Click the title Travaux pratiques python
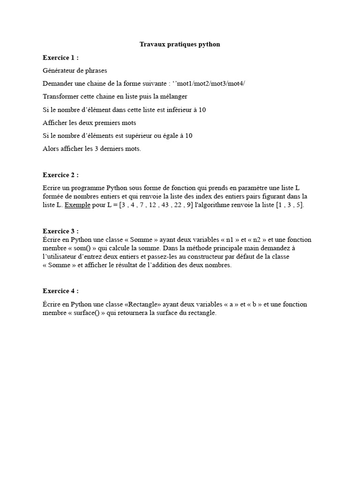[180, 45]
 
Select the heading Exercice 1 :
[60, 58]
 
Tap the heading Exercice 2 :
[60, 175]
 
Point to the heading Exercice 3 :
[60, 231]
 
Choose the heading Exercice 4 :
[60, 291]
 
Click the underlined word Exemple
[77, 205]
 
